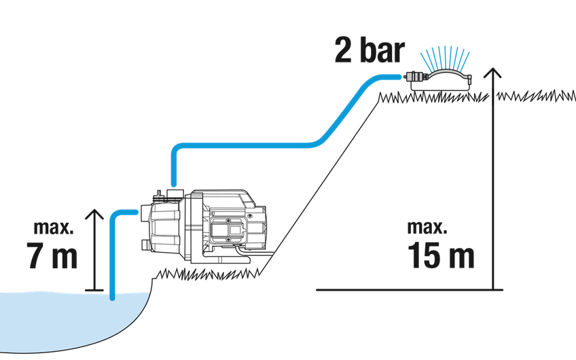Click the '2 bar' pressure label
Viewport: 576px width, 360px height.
pyautogui.click(x=369, y=52)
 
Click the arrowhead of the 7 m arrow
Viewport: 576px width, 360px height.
pyautogui.click(x=95, y=214)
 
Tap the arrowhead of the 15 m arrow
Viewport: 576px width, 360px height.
pyautogui.click(x=494, y=73)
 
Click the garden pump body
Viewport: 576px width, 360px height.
pyautogui.click(x=204, y=228)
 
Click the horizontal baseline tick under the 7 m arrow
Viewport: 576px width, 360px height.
pyautogui.click(x=95, y=291)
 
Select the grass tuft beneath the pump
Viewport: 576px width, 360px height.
pyautogui.click(x=204, y=272)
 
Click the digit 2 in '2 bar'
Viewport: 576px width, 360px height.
pyautogui.click(x=344, y=52)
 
